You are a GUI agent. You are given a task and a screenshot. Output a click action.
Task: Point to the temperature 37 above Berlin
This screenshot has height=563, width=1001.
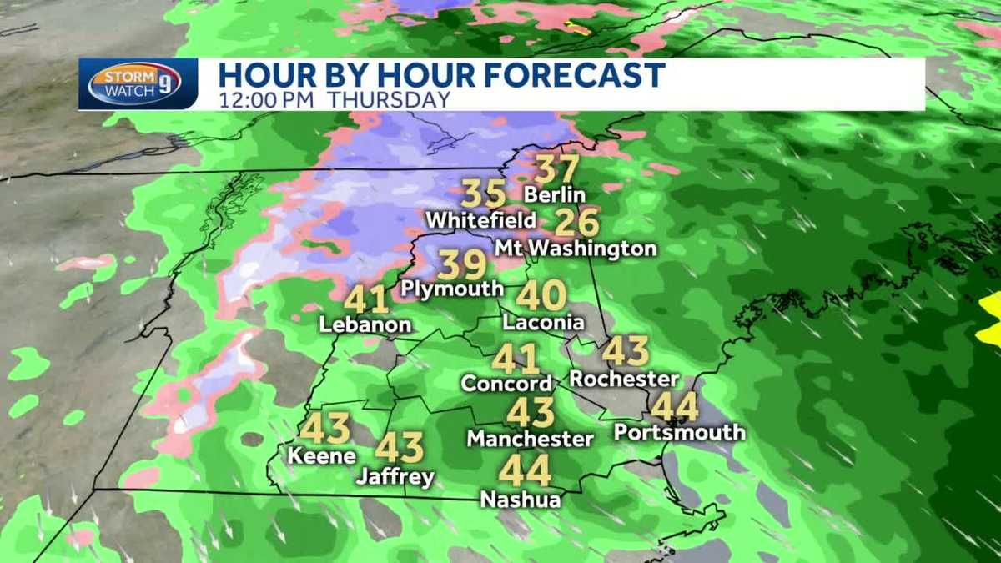pyautogui.click(x=556, y=169)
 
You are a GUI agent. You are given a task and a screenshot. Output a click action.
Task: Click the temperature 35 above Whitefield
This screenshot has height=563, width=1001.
pyautogui.click(x=484, y=194)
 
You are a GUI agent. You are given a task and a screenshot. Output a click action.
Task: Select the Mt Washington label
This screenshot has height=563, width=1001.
pyautogui.click(x=576, y=249)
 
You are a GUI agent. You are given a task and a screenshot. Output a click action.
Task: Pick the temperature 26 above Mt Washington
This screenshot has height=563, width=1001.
pyautogui.click(x=576, y=223)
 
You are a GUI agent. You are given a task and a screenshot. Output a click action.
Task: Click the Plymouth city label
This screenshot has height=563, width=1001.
pyautogui.click(x=452, y=289)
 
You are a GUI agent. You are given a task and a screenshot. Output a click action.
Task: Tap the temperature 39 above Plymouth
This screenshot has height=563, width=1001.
pyautogui.click(x=462, y=265)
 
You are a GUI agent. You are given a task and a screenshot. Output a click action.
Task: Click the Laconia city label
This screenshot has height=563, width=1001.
pyautogui.click(x=543, y=322)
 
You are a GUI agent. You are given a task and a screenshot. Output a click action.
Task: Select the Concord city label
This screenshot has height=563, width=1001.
pyautogui.click(x=507, y=384)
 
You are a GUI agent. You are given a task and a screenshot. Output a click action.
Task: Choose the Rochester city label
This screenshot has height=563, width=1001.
pyautogui.click(x=624, y=379)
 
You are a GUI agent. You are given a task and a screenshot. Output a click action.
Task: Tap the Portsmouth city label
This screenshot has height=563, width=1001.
pyautogui.click(x=679, y=432)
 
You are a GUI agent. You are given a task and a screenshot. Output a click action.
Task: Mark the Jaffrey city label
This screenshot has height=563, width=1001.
pyautogui.click(x=395, y=477)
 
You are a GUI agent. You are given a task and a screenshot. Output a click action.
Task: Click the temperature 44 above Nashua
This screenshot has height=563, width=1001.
pyautogui.click(x=525, y=472)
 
